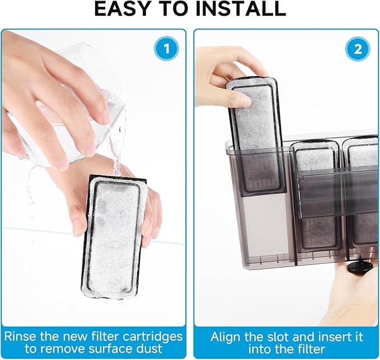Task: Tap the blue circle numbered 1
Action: tap(166, 48)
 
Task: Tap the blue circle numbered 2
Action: tap(358, 49)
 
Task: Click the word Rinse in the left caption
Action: tap(20, 337)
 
